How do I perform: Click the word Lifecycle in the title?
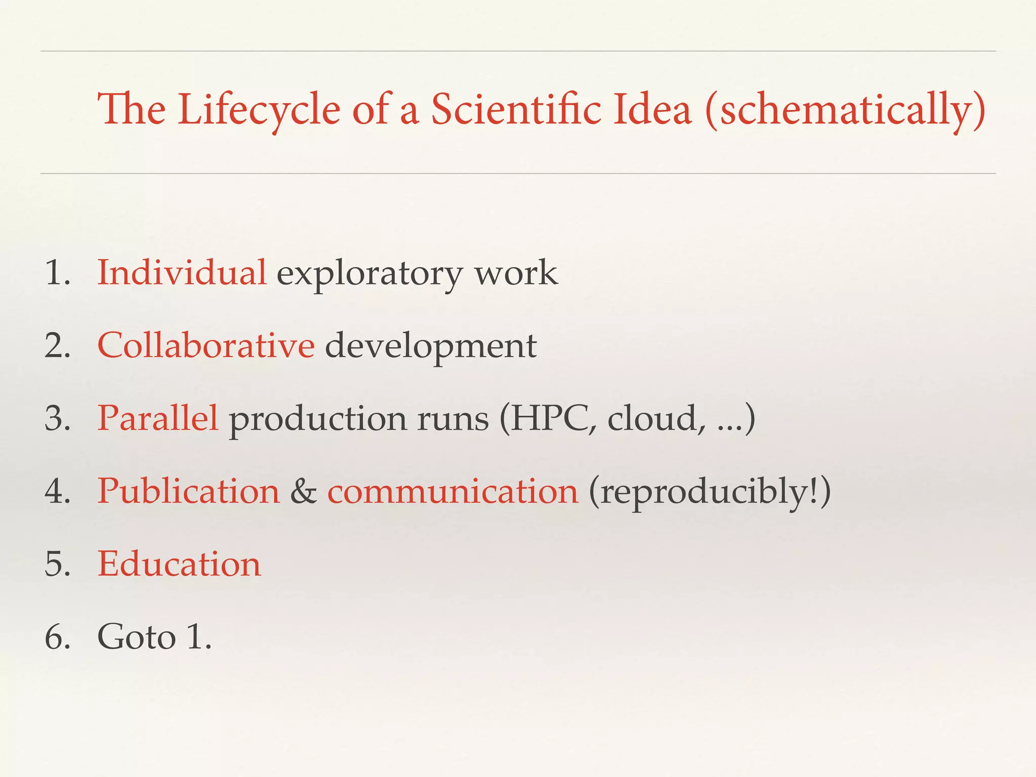pos(258,110)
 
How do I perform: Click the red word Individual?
pos(182,273)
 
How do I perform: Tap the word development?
pos(430,348)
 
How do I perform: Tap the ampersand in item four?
pos(304,492)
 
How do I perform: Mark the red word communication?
pos(453,492)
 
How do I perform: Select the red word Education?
pos(179,564)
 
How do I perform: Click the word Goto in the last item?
pos(137,637)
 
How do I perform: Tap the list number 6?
pos(57,637)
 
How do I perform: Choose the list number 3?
pos(57,419)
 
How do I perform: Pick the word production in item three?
pos(318,421)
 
